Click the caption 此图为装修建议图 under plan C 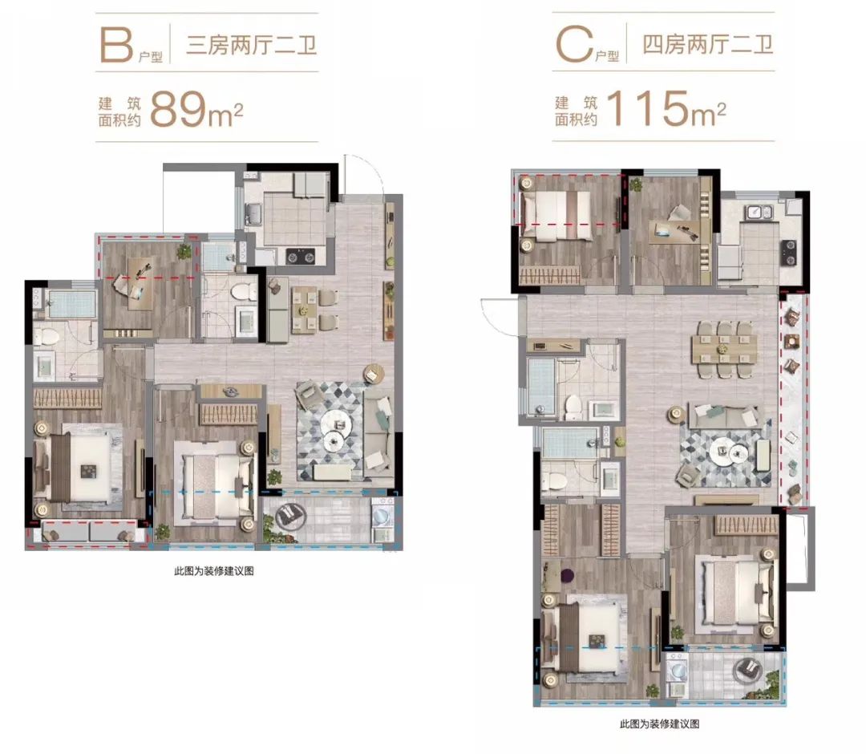pyautogui.click(x=660, y=724)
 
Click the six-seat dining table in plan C pyautogui.click(x=725, y=345)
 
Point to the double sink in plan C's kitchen pyautogui.click(x=758, y=213)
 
